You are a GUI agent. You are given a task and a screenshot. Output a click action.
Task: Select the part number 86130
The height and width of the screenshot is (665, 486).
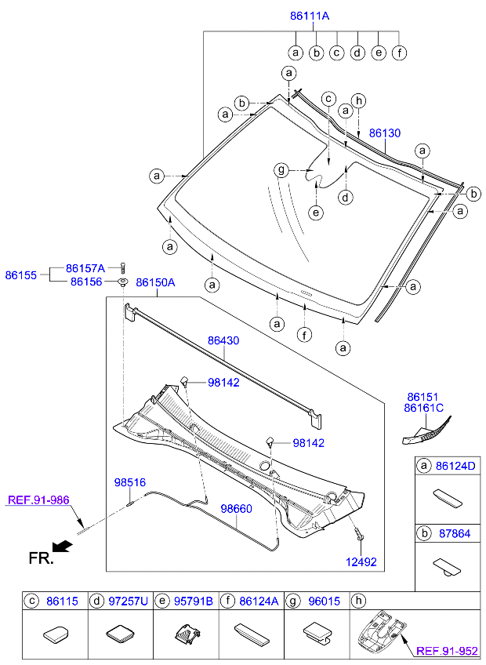pyautogui.click(x=384, y=133)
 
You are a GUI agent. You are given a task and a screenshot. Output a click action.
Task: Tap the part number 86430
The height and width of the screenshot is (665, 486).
pyautogui.click(x=223, y=341)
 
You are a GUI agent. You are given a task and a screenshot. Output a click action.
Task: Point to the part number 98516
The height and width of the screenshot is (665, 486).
pyautogui.click(x=130, y=483)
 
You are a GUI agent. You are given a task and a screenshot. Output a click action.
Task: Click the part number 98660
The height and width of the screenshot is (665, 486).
pyautogui.click(x=236, y=508)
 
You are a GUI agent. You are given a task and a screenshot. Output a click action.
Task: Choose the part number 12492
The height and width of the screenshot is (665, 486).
pyautogui.click(x=361, y=561)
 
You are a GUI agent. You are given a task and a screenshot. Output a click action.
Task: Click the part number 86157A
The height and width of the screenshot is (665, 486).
pyautogui.click(x=85, y=267)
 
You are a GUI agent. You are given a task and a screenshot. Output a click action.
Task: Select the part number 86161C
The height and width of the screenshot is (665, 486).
pyautogui.click(x=423, y=408)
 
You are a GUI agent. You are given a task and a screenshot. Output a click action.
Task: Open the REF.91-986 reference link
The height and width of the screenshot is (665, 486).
pyautogui.click(x=38, y=499)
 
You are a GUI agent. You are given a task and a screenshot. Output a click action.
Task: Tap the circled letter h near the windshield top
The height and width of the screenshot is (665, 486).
pyautogui.click(x=359, y=100)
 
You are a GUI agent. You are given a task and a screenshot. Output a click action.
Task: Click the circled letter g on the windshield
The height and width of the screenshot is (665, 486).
pyautogui.click(x=281, y=170)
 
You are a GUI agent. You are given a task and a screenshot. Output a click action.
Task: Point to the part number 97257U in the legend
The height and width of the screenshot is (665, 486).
pyautogui.click(x=129, y=601)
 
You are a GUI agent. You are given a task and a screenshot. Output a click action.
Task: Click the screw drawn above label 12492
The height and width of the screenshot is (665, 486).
pyautogui.click(x=359, y=535)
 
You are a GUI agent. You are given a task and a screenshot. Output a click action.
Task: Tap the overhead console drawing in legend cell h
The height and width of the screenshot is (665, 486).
pyautogui.click(x=379, y=630)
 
